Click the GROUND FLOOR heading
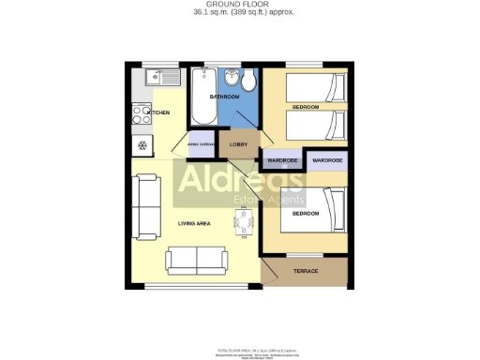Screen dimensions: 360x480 click(x=239, y=5)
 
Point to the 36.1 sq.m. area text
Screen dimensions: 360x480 click(x=239, y=13)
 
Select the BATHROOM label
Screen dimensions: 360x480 click(x=225, y=97)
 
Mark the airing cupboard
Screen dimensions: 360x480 click(x=202, y=144)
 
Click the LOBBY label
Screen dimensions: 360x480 click(x=239, y=144)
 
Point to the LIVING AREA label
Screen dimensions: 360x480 click(x=194, y=224)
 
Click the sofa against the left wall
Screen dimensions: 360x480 click(x=145, y=205)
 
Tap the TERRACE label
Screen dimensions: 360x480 click(x=307, y=271)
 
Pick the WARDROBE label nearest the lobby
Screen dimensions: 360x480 click(x=282, y=161)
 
